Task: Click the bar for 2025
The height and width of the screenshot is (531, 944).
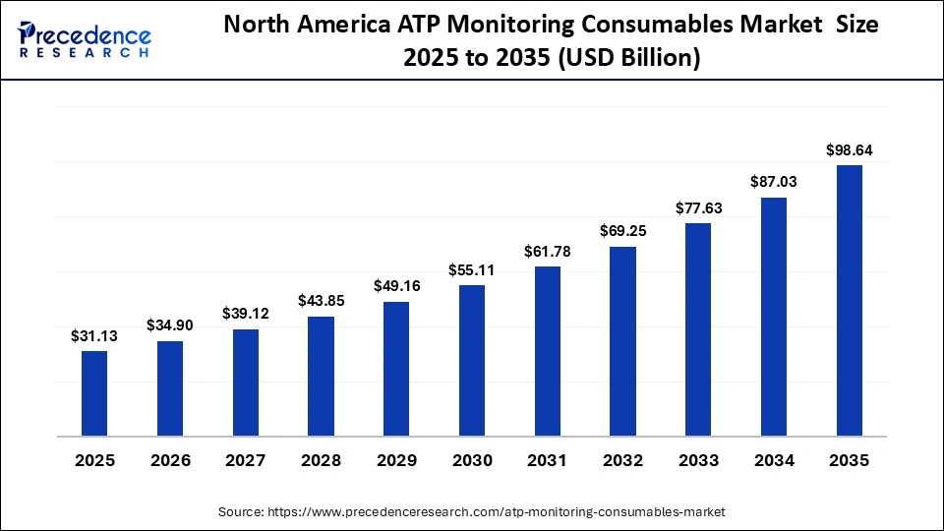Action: pyautogui.click(x=94, y=393)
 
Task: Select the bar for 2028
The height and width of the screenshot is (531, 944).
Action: pyautogui.click(x=321, y=376)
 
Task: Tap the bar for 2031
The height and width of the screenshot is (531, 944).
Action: pyautogui.click(x=547, y=351)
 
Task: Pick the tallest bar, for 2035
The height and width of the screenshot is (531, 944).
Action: pyautogui.click(x=849, y=300)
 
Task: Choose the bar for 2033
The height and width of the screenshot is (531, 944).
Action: pyautogui.click(x=698, y=329)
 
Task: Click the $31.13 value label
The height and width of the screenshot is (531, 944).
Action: pyautogui.click(x=94, y=335)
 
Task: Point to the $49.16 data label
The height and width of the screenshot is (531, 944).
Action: pyautogui.click(x=396, y=286)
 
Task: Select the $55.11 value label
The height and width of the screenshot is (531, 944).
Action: pyautogui.click(x=472, y=269)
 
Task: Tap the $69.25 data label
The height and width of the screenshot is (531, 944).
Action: pyautogui.click(x=622, y=230)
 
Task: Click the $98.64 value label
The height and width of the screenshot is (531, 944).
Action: pyautogui.click(x=849, y=149)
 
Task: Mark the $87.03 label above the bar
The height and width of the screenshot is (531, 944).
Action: pyautogui.click(x=773, y=182)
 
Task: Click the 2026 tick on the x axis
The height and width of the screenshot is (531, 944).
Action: pyautogui.click(x=170, y=460)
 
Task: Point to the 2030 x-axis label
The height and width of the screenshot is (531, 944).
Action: pyautogui.click(x=472, y=460)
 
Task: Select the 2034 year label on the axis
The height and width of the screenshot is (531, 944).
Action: pyautogui.click(x=773, y=460)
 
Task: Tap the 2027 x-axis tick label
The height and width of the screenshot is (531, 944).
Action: pyautogui.click(x=246, y=460)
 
